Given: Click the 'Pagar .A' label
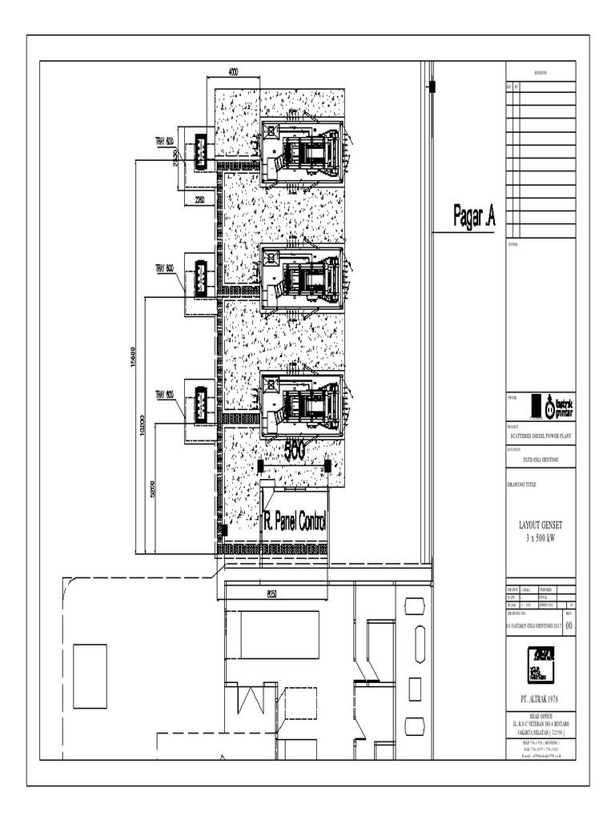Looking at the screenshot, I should [x=474, y=216].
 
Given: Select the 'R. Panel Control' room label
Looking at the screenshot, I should [x=295, y=522].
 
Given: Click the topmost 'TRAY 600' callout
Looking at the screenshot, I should [x=164, y=142].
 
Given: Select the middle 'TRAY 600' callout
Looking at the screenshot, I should [x=164, y=268].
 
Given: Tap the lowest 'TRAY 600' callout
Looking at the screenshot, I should [x=164, y=394].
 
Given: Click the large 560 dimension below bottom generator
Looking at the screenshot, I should [x=294, y=452].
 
